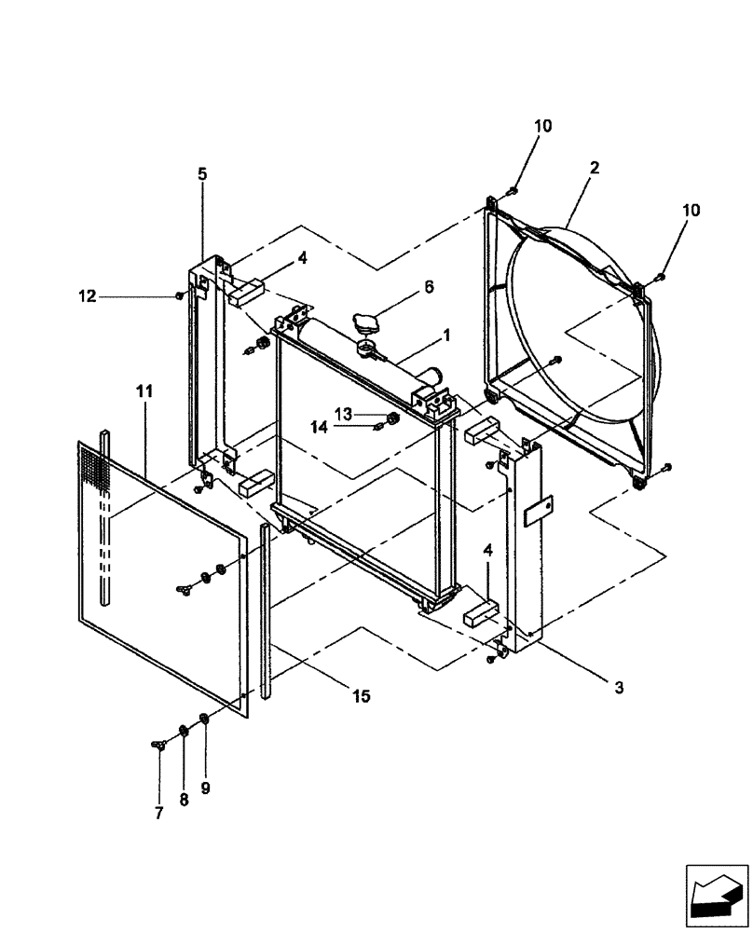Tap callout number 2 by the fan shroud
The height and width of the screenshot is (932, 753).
(x=594, y=168)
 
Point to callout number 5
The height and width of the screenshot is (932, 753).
(x=202, y=174)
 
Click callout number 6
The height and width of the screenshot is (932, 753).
(x=429, y=288)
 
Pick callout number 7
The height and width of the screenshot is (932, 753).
(x=158, y=814)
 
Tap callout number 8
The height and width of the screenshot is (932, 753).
(x=183, y=800)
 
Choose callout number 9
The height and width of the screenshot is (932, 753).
(x=206, y=788)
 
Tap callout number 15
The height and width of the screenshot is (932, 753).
(x=361, y=695)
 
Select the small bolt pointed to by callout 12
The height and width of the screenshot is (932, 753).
(x=179, y=296)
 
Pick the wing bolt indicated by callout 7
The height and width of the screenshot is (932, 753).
(x=158, y=743)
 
